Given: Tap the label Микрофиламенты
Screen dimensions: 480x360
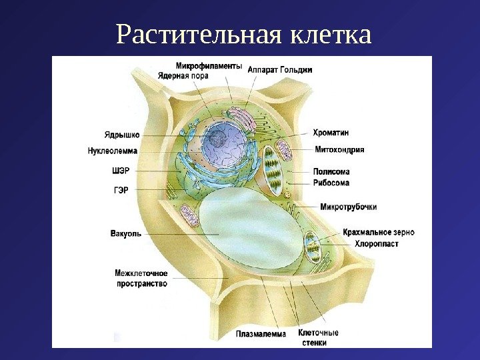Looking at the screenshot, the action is pos(209,65).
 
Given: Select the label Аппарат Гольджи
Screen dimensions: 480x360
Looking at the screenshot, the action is pos(280,69).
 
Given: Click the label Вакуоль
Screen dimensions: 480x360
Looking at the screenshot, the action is pos(125,233).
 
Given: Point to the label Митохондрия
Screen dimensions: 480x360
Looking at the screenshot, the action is pos(339,149).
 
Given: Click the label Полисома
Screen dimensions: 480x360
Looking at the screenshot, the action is pos(331,171).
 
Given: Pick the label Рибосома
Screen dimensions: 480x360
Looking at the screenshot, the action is pos(331,182).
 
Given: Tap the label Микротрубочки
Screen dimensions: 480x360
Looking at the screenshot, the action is pos(344,206).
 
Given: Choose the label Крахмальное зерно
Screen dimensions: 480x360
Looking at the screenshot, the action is pos(379,233).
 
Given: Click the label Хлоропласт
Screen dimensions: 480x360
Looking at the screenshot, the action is pos(377,244).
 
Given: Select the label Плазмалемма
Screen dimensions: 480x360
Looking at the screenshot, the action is pos(261,334).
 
